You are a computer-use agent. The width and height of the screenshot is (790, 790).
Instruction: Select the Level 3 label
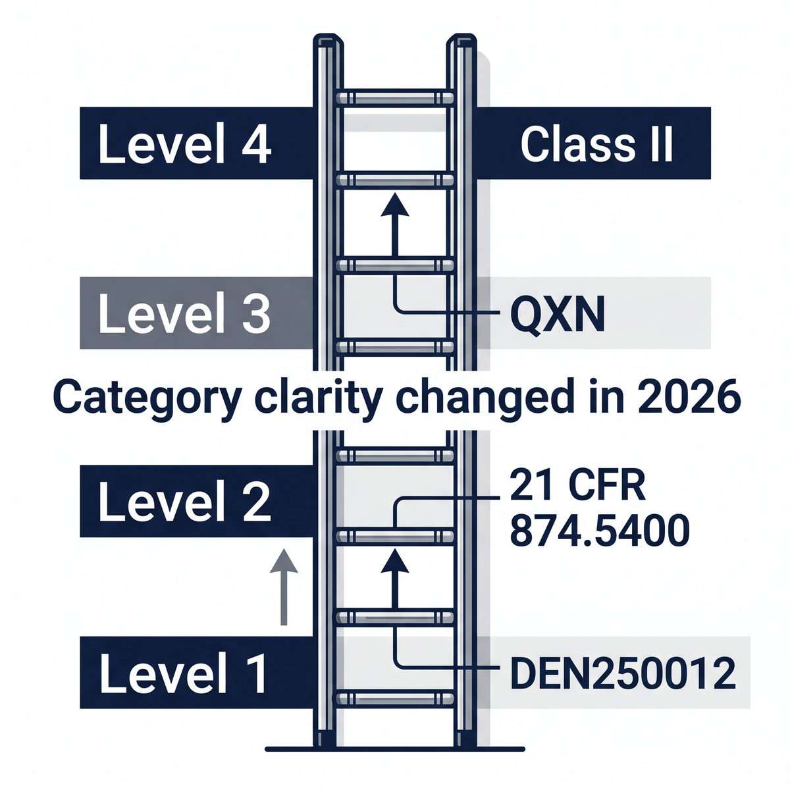click(x=184, y=313)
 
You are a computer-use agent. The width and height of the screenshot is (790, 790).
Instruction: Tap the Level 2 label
click(x=184, y=502)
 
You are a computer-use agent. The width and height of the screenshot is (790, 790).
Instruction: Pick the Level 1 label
click(x=184, y=672)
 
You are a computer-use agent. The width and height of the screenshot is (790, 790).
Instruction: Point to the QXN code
click(x=557, y=315)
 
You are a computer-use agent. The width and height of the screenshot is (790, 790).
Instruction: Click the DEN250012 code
click(x=623, y=673)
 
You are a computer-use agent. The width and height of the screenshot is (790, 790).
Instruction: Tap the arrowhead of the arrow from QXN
click(x=395, y=204)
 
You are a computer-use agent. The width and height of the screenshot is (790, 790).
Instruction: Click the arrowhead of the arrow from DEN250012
click(x=395, y=562)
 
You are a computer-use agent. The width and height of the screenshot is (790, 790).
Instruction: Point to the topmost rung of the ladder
click(x=395, y=98)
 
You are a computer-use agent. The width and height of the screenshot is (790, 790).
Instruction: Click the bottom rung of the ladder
click(x=395, y=697)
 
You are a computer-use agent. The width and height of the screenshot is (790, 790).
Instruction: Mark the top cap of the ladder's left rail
click(x=327, y=41)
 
